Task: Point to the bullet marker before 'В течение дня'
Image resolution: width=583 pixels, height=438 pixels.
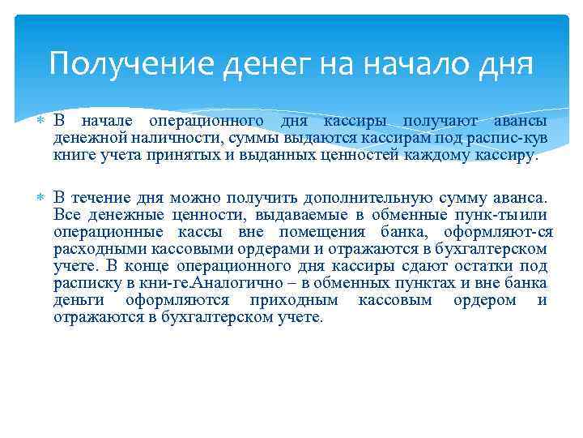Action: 42,197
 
